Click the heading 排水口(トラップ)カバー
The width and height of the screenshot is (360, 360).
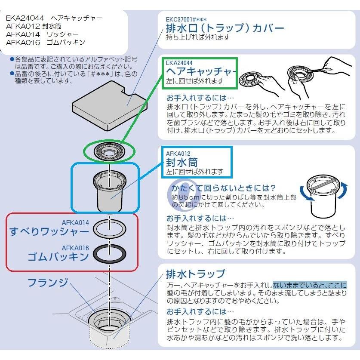(225, 28)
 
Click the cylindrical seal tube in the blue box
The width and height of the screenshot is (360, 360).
(109, 189)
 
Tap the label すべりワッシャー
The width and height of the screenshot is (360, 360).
(49, 231)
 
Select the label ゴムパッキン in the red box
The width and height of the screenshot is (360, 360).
(58, 257)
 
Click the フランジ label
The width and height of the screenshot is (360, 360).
(48, 283)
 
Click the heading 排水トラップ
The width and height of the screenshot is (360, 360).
(195, 274)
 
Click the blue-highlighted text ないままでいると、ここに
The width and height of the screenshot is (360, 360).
(309, 285)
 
